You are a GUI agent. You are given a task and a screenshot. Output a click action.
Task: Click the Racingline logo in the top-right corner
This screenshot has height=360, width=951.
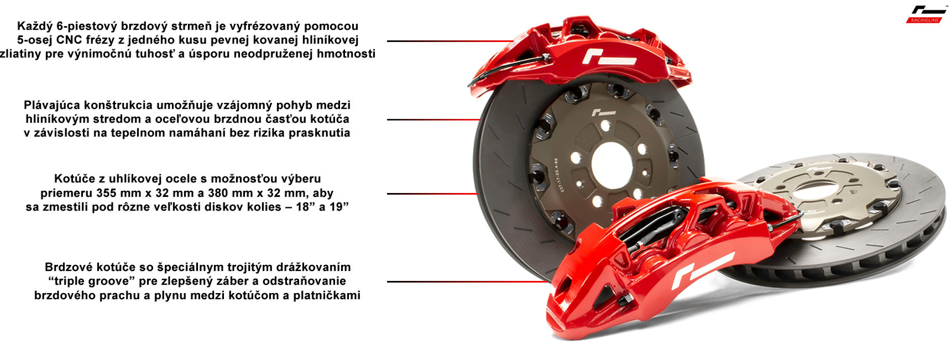pos(926,14)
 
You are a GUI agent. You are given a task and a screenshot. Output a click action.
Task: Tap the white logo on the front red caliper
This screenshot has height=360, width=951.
pos(701,270)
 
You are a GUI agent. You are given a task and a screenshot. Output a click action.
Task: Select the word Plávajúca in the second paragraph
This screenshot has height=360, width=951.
pos(51,105)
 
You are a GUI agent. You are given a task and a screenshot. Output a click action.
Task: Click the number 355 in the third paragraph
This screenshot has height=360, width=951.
pos(106,193)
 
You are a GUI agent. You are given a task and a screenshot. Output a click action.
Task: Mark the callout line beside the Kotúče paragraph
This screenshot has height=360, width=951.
pos(432,194)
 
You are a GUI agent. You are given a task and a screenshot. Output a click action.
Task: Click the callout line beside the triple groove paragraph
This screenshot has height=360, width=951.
pos(467,281)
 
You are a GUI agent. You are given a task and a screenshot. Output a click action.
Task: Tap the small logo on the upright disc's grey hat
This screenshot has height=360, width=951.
pos(603,113)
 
